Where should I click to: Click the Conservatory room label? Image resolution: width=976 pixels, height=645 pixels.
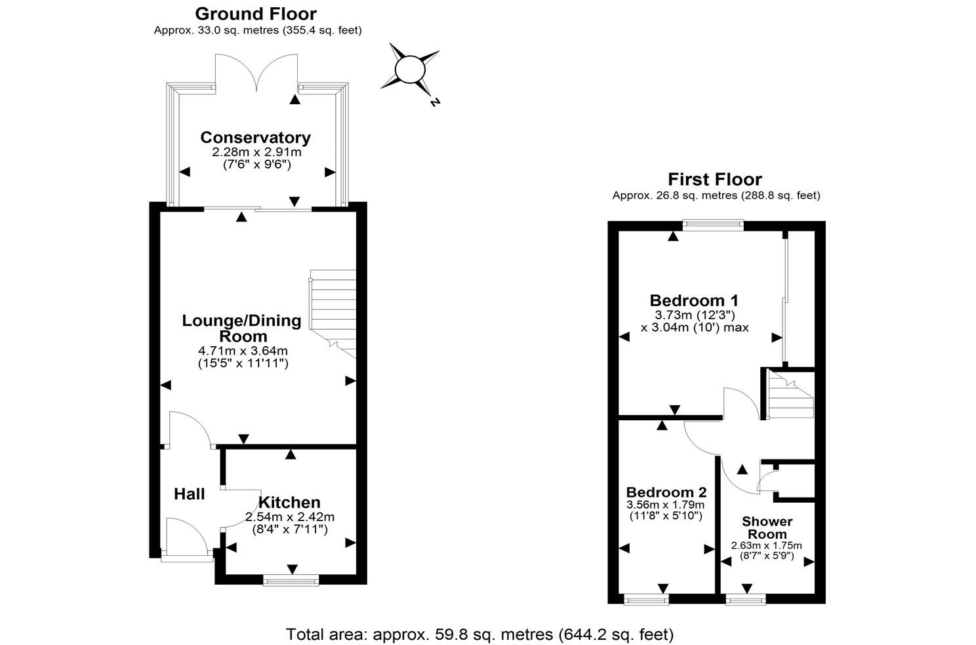pos(255,138)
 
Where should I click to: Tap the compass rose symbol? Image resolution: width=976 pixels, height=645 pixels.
pos(410,69)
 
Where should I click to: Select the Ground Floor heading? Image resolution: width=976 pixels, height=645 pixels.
pos(256,13)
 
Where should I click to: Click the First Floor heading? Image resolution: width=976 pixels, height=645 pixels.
pos(715,179)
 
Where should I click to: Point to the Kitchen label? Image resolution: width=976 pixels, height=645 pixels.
pos(289,502)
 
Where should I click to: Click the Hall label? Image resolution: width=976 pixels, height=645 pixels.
pos(190,494)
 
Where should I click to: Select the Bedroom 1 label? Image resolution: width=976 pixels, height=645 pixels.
pos(694,300)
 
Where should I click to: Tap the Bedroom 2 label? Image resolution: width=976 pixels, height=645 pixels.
pos(666,492)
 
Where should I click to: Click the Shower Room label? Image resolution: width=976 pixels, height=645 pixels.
pos(767,528)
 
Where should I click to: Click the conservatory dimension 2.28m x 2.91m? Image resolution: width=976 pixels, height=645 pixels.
pos(256,152)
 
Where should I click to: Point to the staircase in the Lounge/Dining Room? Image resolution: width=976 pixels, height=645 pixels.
pos(333,308)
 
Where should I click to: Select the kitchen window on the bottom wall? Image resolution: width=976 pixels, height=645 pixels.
pos(291,579)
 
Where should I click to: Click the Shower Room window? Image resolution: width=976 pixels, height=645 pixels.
pos(746,598)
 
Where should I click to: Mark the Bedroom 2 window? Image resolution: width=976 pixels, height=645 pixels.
pos(646,598)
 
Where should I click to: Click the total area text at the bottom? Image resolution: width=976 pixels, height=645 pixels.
pos(479,635)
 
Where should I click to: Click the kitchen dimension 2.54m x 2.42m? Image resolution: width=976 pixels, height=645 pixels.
pos(289,517)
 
